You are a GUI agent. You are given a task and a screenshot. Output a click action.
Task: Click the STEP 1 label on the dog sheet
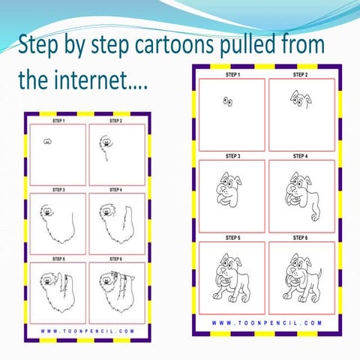pyautogui.click(x=232, y=76)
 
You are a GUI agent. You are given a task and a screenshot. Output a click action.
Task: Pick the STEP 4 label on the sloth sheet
pyautogui.click(x=116, y=190)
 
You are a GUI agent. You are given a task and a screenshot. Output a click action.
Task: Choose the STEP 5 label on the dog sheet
pyautogui.click(x=232, y=236)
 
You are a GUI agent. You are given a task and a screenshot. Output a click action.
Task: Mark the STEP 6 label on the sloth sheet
pyautogui.click(x=116, y=258)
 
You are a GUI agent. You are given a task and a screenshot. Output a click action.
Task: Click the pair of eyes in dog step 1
pyautogui.click(x=227, y=102)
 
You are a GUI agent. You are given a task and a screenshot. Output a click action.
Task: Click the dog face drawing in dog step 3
pyautogui.click(x=228, y=192)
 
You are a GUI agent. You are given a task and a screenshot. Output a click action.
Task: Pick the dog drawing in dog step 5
pyautogui.click(x=232, y=277)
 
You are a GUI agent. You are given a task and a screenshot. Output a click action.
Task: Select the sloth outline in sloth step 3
pyautogui.click(x=55, y=221)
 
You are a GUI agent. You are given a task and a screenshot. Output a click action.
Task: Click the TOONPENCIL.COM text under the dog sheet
pyautogui.click(x=266, y=323)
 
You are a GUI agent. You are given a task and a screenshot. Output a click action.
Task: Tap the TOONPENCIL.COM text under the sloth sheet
pyautogui.click(x=88, y=330)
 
